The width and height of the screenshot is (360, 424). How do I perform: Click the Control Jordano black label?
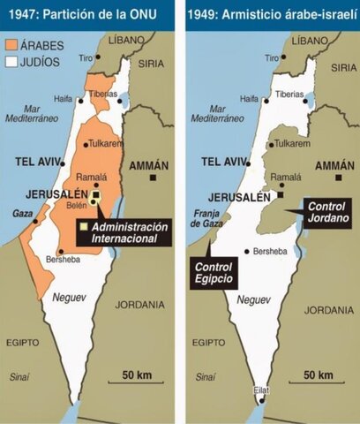pos(328,211)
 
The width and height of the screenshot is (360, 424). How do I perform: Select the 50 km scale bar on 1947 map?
pos(136,382)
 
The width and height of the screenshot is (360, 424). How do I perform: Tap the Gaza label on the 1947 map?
pos(21,214)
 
